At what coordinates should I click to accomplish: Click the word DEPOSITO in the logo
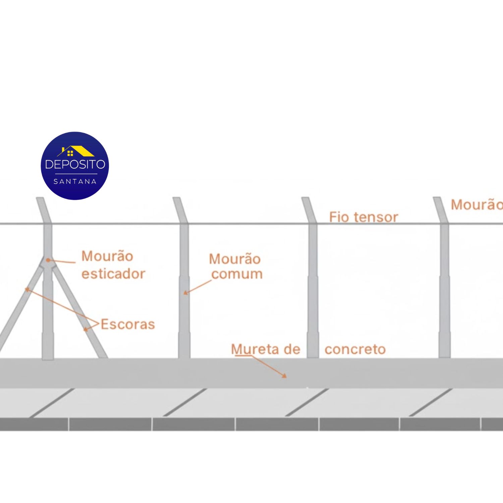point(75,164)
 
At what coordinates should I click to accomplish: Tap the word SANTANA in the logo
point(75,181)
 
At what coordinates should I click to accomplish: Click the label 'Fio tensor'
point(364,217)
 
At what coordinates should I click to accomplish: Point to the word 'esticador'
point(113,274)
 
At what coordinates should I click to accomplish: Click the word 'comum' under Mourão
point(237,274)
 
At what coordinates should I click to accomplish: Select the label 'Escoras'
point(128,324)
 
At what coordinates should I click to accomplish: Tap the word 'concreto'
point(355,349)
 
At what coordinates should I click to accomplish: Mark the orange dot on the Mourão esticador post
point(48,260)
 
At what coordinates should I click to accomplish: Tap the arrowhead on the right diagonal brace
point(86,329)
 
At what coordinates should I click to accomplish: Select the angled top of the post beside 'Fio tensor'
point(309,210)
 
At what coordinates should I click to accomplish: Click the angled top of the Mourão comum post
point(180,210)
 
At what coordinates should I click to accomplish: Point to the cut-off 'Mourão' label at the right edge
point(477,205)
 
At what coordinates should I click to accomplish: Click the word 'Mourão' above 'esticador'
point(107,256)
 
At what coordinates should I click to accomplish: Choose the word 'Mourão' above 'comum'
point(235,259)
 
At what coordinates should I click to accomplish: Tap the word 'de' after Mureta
point(292,349)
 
